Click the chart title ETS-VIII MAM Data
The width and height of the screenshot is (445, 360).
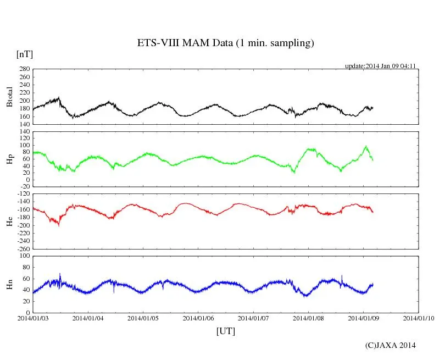225,43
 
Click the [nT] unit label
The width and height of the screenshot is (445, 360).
25,54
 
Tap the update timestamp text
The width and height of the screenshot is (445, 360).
380,66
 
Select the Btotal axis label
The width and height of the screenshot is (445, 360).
9,97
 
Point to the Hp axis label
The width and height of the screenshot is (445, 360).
9,159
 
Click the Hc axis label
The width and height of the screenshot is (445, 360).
9,221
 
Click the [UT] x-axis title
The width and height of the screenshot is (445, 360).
226,331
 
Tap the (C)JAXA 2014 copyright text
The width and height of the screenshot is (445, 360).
390,345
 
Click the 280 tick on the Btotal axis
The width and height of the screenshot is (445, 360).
24,69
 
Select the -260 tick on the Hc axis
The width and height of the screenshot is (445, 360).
23,248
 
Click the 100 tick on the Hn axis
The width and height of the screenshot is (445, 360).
24,256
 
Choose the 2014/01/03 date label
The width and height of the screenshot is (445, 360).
32,318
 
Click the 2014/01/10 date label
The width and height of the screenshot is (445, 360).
419,318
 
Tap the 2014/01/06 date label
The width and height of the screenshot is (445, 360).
198,318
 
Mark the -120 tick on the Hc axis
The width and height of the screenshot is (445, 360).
23,194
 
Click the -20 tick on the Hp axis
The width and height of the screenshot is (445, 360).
25,186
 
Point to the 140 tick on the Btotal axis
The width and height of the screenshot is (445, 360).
24,124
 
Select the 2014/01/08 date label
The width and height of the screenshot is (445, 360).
308,318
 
